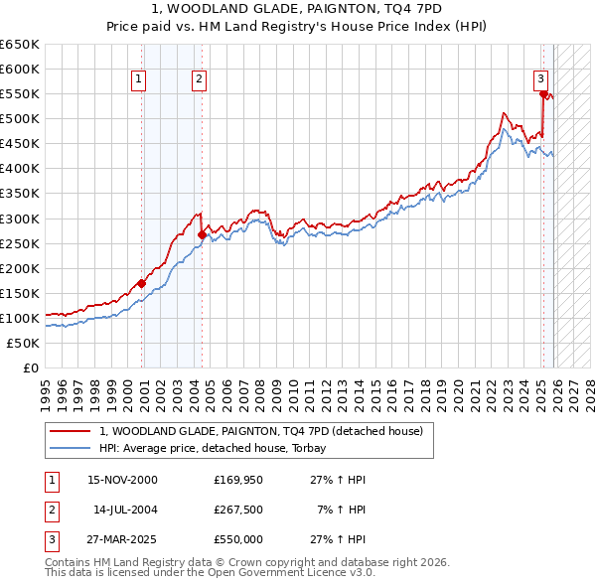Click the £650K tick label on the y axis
[20, 45]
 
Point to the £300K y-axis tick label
[20, 219]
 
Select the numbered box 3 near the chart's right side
[539, 79]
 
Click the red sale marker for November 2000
[142, 283]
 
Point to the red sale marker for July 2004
[202, 234]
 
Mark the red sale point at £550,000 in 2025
[544, 94]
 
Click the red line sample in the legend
[70, 431]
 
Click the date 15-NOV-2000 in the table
[122, 480]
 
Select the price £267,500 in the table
[237, 510]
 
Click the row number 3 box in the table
[50, 539]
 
